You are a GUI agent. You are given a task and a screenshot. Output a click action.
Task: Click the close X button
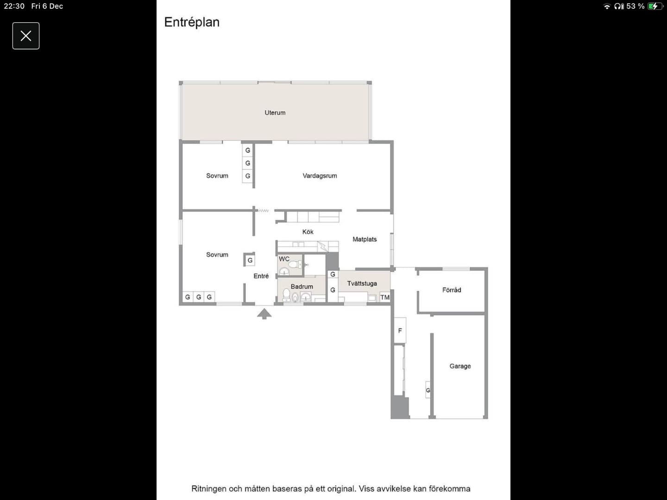coord(26,36)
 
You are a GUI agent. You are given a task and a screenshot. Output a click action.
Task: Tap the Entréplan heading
coord(192,23)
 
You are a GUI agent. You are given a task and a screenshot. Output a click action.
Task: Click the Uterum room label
coord(275,112)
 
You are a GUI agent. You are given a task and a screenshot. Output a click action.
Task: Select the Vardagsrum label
coord(320,176)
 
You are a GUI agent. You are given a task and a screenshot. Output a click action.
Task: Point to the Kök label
coord(308,232)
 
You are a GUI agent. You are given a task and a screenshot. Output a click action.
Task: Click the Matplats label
coord(365,239)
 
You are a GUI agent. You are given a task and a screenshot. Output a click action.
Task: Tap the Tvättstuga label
coord(362,283)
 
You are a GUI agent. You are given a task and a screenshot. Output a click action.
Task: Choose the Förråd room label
coord(452,290)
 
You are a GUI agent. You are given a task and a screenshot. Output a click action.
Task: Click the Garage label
coord(460,366)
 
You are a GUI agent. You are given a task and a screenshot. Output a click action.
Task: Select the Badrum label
coord(302,287)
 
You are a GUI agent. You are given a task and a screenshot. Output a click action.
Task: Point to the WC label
coord(284,259)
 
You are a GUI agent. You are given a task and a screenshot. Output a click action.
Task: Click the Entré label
coord(261,276)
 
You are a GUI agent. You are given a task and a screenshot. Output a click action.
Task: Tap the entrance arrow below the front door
coord(264,314)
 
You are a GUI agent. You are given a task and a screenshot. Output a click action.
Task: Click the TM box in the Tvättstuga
coord(385,297)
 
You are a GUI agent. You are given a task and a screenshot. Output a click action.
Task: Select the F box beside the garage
coord(400,330)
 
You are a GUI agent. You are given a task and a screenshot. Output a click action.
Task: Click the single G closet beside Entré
coord(250,260)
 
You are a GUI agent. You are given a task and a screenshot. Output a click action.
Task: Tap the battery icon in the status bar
coord(654,6)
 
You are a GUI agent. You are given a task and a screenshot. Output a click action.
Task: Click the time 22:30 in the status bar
coord(14,6)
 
